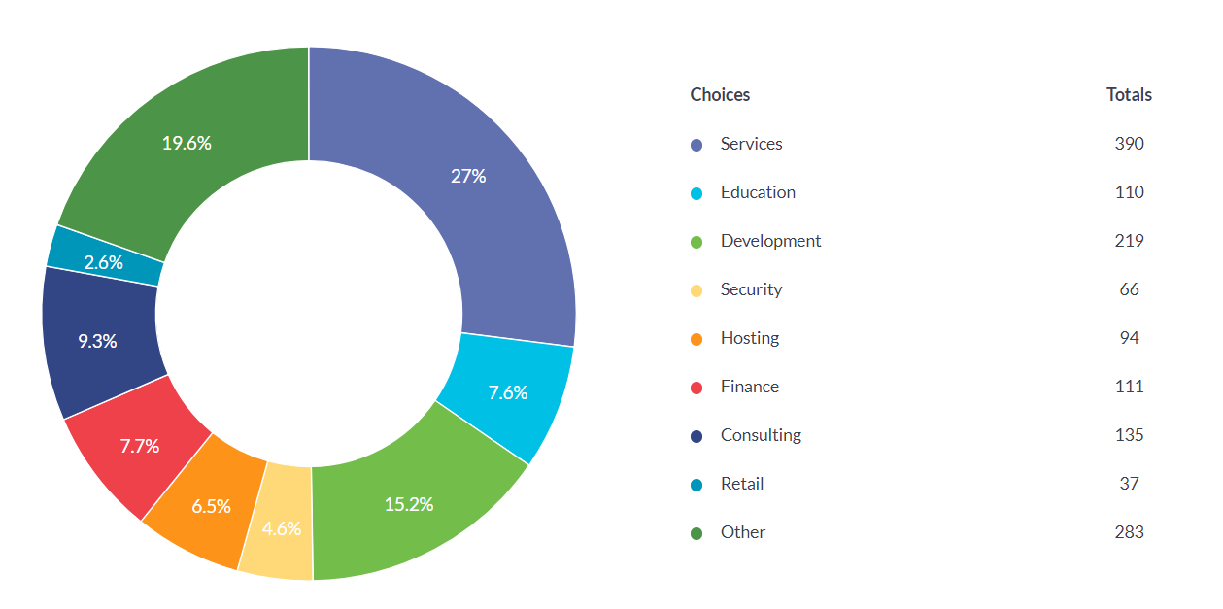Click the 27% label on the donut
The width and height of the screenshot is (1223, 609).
pos(468,176)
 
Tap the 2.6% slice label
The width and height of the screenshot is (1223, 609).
pos(103,262)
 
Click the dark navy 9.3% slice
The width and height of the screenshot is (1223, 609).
pos(97,341)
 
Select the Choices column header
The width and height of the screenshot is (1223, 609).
pos(720,94)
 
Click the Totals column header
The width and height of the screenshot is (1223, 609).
pos(1129,94)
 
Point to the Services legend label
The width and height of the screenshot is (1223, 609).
pos(751,144)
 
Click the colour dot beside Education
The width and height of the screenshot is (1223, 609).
pos(696,193)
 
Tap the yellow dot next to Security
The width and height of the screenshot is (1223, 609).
pos(696,290)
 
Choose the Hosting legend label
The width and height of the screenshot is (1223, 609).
pos(750,338)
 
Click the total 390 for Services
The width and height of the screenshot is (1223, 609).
pos(1129,144)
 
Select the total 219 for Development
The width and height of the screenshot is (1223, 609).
pos(1129,241)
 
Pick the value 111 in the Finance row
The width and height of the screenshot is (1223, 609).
pos(1129,387)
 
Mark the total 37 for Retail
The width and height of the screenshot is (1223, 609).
pos(1129,484)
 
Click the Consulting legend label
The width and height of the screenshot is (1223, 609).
pos(761,435)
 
